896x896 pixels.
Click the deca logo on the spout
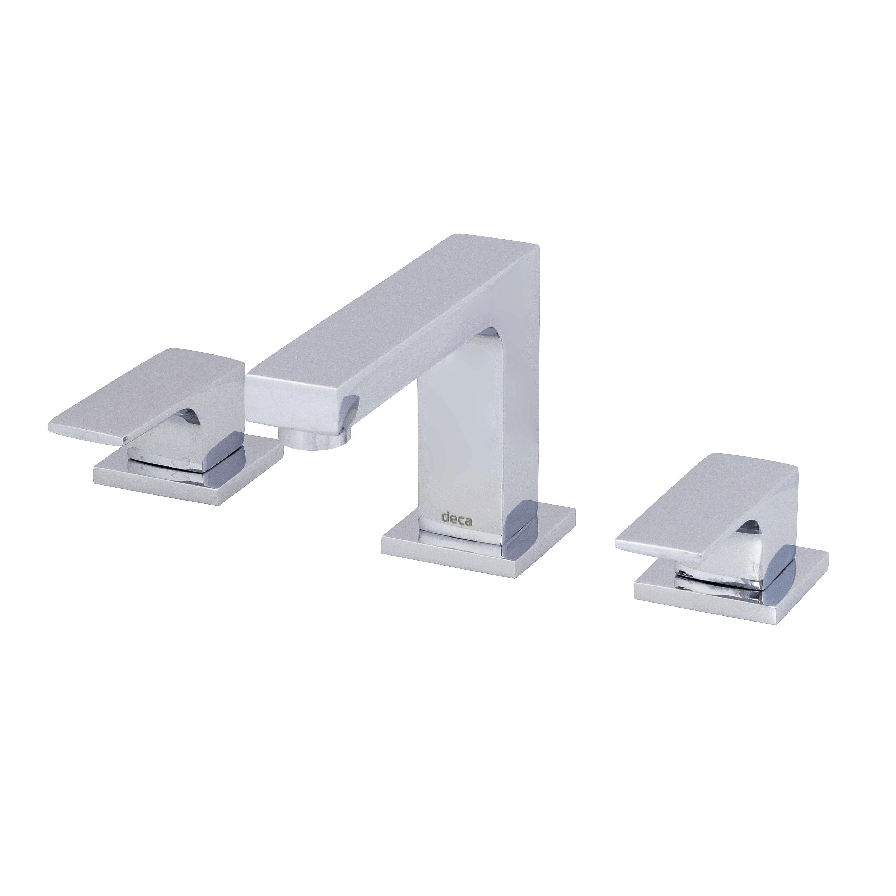456,519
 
